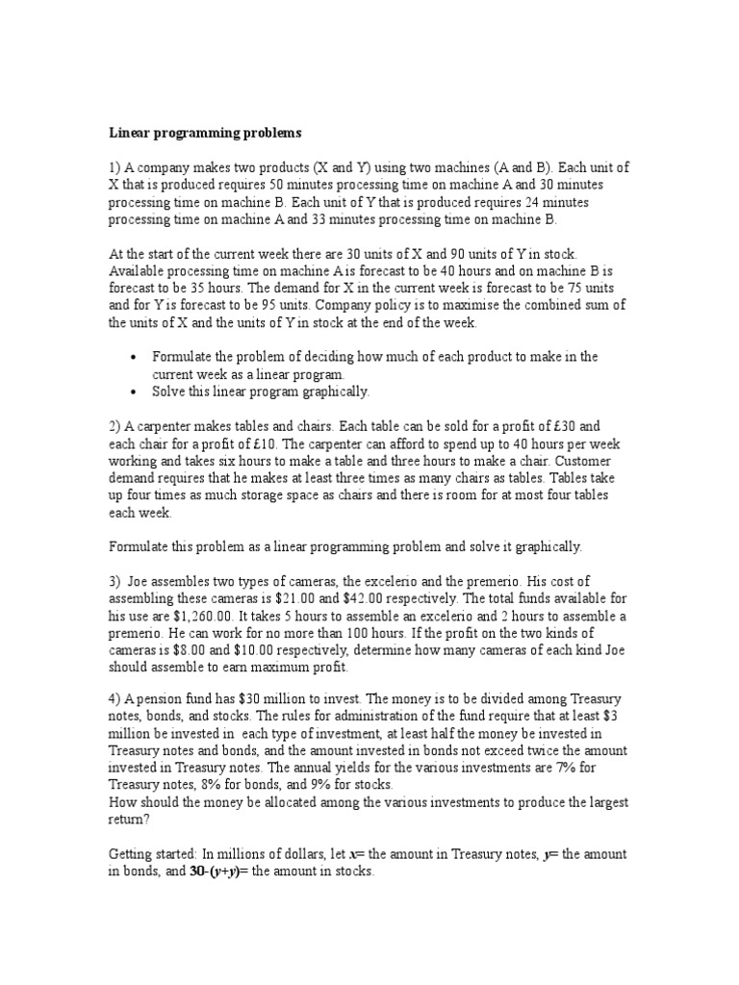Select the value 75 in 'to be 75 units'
point(572,289)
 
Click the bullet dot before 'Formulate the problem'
point(135,357)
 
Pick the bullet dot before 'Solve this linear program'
point(135,391)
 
